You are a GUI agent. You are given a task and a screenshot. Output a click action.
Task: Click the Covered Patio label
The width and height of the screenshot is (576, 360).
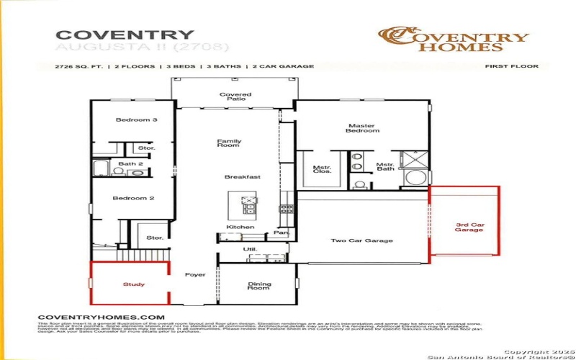[x=235, y=98]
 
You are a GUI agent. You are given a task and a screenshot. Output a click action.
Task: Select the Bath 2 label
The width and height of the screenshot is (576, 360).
[x=131, y=164]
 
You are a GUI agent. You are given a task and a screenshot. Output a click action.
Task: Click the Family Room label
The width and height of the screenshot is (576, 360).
[x=229, y=144]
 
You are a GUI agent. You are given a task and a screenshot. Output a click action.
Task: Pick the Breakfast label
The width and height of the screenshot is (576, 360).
[x=242, y=176]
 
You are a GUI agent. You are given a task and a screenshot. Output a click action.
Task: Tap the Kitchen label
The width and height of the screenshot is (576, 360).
[x=240, y=228]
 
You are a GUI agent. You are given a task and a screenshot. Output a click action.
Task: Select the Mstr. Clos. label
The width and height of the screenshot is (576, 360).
[x=321, y=170]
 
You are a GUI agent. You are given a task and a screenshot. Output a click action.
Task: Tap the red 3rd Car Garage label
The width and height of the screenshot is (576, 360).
[x=469, y=228]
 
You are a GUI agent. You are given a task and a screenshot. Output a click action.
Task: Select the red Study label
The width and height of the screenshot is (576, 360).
[x=133, y=284]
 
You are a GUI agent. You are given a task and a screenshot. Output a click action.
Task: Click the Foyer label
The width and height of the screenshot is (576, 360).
[x=195, y=275]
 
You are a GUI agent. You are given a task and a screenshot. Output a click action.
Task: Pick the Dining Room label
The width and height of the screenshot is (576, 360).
[x=259, y=287]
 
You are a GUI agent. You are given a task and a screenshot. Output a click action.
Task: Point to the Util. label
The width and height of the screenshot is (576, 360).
[x=250, y=248]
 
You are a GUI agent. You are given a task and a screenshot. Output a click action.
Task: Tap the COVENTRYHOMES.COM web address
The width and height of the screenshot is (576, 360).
[x=101, y=317]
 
